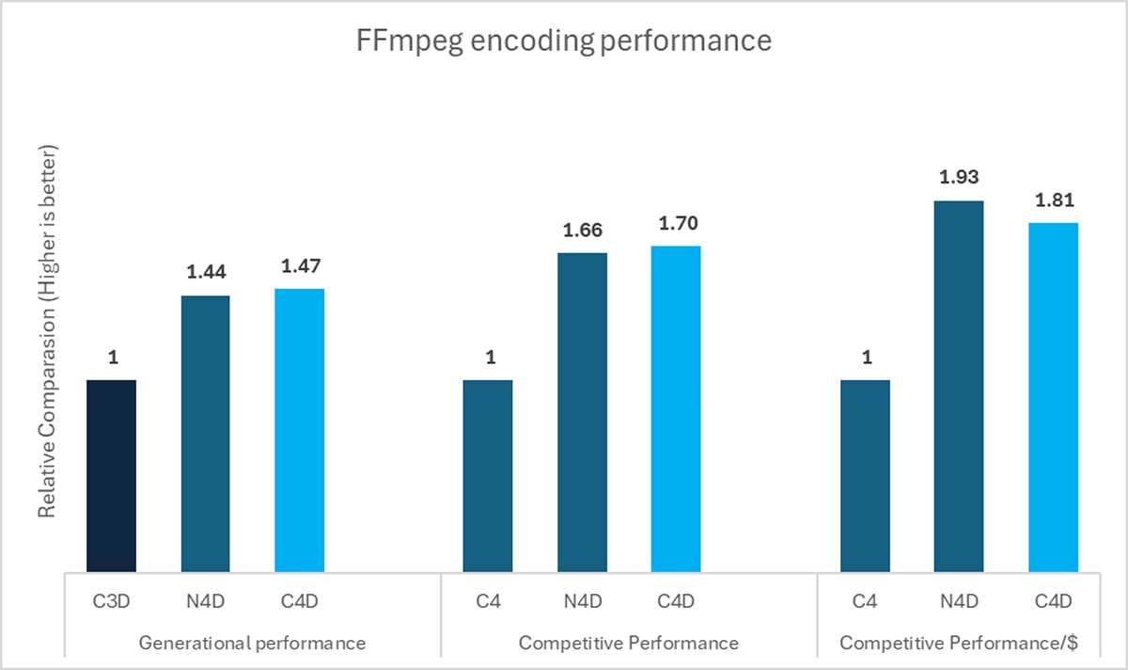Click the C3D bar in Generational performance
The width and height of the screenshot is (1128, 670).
(111, 475)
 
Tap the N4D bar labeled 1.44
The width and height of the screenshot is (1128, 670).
(205, 433)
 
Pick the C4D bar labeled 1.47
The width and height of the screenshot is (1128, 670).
(299, 429)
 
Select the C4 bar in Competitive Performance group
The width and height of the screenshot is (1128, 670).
(488, 475)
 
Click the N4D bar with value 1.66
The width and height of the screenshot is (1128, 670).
(582, 411)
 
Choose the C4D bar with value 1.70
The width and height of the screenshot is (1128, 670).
(676, 407)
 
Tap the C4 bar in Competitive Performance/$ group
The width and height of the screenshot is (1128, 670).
(865, 475)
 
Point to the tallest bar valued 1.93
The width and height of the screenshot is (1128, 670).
(959, 386)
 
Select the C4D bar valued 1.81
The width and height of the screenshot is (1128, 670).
(1053, 396)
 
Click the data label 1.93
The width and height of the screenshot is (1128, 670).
(959, 177)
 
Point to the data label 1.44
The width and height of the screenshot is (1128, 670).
(205, 272)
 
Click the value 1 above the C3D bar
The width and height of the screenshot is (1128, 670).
(111, 358)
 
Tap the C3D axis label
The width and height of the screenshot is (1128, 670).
(111, 600)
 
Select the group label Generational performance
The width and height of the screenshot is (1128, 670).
(252, 644)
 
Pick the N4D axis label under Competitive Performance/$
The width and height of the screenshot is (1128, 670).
(959, 600)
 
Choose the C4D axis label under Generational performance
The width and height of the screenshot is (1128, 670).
(299, 600)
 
